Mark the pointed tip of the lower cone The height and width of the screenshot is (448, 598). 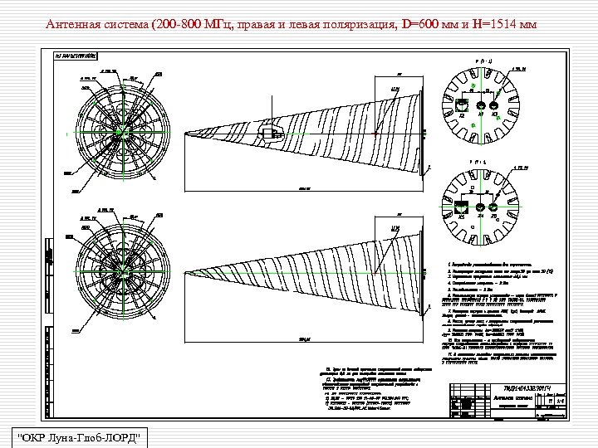click(184, 275)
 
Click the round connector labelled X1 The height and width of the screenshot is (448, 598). click(479, 105)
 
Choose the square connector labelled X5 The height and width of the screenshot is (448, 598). click(463, 207)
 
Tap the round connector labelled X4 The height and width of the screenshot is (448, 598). click(479, 207)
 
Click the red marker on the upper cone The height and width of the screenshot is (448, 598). click(375, 132)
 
